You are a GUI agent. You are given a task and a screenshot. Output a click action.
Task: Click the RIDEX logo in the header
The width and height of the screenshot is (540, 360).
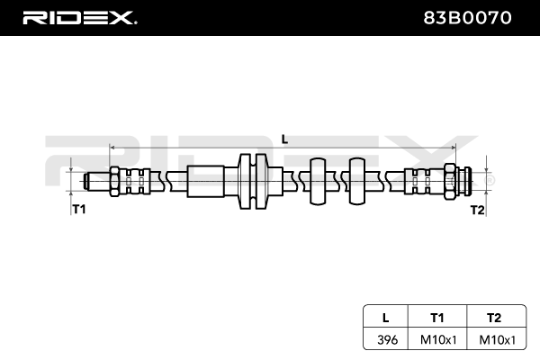tap(79, 17)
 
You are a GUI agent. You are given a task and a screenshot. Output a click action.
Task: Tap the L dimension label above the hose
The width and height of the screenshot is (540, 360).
tap(284, 138)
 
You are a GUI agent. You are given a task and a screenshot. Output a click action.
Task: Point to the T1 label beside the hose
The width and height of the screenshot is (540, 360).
tap(78, 209)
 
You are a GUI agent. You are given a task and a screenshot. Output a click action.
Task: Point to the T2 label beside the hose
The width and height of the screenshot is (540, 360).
tap(477, 209)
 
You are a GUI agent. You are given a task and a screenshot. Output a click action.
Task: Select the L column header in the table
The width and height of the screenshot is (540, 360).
tap(386, 317)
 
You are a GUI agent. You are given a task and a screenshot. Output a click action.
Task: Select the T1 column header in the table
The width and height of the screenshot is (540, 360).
tap(437, 317)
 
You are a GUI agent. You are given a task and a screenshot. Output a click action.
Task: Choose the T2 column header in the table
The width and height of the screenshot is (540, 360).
tap(491, 317)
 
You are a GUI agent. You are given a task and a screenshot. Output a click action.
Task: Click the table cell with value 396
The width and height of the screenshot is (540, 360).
tap(386, 340)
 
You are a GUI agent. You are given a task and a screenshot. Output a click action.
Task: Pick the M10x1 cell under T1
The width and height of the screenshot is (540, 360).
tap(437, 340)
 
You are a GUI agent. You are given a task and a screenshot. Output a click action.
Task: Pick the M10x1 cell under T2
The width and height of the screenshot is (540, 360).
tap(491, 340)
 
